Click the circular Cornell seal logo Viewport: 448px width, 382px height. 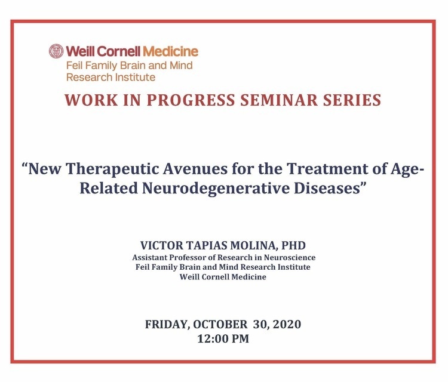point(56,51)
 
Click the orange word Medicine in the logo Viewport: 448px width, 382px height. point(171,51)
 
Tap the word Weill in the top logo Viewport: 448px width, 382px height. point(80,51)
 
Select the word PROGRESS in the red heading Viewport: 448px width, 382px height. point(191,100)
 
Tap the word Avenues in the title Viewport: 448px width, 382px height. point(195,169)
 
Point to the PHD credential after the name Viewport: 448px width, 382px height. point(293,245)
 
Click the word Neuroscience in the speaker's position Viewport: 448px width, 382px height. point(290,257)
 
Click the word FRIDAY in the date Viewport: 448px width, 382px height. point(165,325)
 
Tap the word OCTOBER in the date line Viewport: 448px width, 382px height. point(220,324)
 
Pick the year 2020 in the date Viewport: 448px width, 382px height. point(287,324)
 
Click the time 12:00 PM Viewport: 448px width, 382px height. point(223,338)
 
